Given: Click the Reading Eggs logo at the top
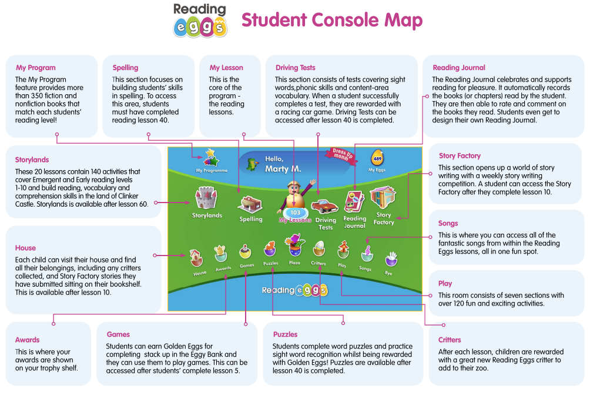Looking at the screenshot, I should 200,20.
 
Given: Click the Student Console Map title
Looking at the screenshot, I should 331,21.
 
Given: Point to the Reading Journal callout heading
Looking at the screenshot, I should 459,68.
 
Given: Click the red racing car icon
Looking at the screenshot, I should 324,207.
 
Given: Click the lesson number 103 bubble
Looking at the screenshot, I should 296,213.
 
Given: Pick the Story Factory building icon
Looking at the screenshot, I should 383,199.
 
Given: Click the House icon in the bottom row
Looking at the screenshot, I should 197,258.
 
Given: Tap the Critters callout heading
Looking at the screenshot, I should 450,340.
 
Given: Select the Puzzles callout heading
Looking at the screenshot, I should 285,334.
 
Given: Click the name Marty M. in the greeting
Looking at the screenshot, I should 283,169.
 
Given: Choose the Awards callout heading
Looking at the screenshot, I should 28,340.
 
